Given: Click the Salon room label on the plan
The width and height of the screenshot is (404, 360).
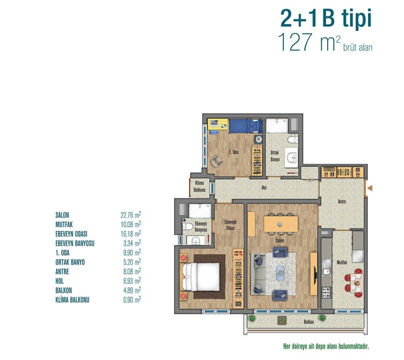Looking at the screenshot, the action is pyautogui.click(x=279, y=240).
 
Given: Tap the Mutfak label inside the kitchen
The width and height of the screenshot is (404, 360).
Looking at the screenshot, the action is pyautogui.click(x=342, y=263).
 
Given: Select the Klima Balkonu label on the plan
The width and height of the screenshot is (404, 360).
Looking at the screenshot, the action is pyautogui.click(x=200, y=186).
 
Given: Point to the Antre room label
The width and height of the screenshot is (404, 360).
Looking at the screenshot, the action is pyautogui.click(x=342, y=201).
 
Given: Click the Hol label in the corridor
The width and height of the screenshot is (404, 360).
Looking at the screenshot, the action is pyautogui.click(x=264, y=188).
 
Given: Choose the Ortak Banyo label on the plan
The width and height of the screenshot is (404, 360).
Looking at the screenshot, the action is pyautogui.click(x=275, y=156).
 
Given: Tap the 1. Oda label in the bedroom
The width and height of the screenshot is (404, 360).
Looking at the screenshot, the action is pyautogui.click(x=234, y=152).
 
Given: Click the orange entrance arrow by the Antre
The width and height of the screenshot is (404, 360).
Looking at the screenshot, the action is pyautogui.click(x=370, y=188).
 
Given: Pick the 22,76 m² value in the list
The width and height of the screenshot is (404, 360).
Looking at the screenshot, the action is pyautogui.click(x=131, y=215).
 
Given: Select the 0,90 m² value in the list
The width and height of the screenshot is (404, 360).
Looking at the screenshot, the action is pyautogui.click(x=132, y=300).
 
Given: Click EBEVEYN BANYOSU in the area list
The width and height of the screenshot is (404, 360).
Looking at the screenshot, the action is pyautogui.click(x=75, y=243).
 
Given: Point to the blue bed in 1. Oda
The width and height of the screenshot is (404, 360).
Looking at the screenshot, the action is pyautogui.click(x=245, y=126).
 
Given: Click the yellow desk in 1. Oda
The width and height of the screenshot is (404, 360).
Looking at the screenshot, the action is pyautogui.click(x=218, y=124).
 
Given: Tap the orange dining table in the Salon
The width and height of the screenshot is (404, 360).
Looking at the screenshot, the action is pyautogui.click(x=281, y=224).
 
